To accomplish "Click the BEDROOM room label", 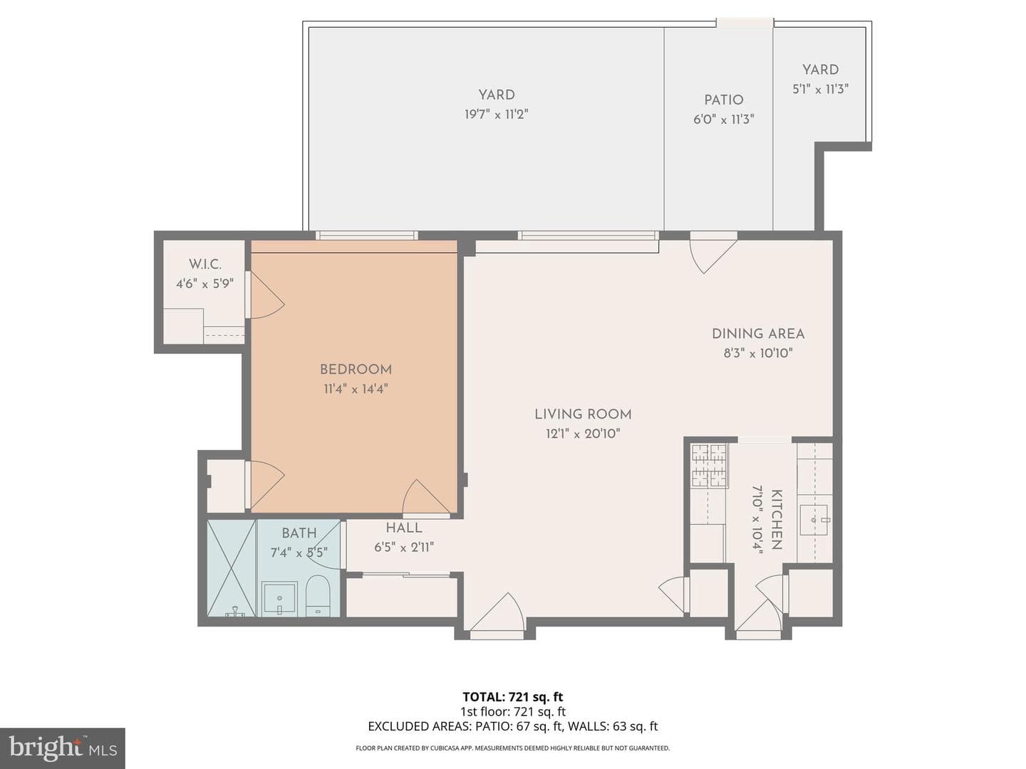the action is tap(356, 370).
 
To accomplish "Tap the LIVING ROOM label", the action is tap(583, 414).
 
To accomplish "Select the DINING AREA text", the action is tap(758, 334).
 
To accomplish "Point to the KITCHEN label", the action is tap(777, 519).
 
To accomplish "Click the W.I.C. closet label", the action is tap(204, 264).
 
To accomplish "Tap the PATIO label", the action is tap(724, 100).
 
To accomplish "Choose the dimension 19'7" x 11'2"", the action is tap(496, 115).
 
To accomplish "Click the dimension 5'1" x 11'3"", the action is tap(820, 89).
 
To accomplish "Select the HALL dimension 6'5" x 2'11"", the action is tap(404, 547).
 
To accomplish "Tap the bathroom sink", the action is tap(279, 597).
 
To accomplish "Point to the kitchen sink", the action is tap(814, 520).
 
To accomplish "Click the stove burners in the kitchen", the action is tap(710, 465).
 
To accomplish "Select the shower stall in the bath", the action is tap(232, 567).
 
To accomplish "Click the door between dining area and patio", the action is tap(713, 256).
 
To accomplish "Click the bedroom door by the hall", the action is tap(426, 498).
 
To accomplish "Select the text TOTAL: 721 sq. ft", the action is tap(513, 696).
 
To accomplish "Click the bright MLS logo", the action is tap(63, 748).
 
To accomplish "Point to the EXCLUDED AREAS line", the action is tap(513, 726).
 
